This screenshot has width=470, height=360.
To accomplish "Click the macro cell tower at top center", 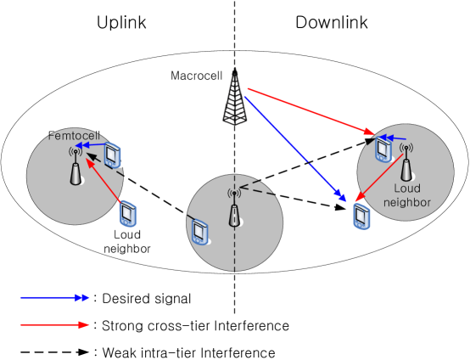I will point(235,96).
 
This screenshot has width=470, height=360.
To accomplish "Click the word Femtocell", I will point(75,136).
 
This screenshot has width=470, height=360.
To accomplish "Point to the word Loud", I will point(407,188).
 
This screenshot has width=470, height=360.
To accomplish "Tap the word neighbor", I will point(407,202).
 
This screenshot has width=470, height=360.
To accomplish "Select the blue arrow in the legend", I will point(55,298).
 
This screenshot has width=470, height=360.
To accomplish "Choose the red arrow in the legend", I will point(55,324).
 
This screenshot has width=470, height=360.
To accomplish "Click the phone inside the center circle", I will point(200,231).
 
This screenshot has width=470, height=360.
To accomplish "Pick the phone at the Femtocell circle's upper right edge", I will point(112,155).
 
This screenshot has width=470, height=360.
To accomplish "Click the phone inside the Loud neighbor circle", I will point(383,149).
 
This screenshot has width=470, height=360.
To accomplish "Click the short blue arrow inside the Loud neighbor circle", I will point(393,138).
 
